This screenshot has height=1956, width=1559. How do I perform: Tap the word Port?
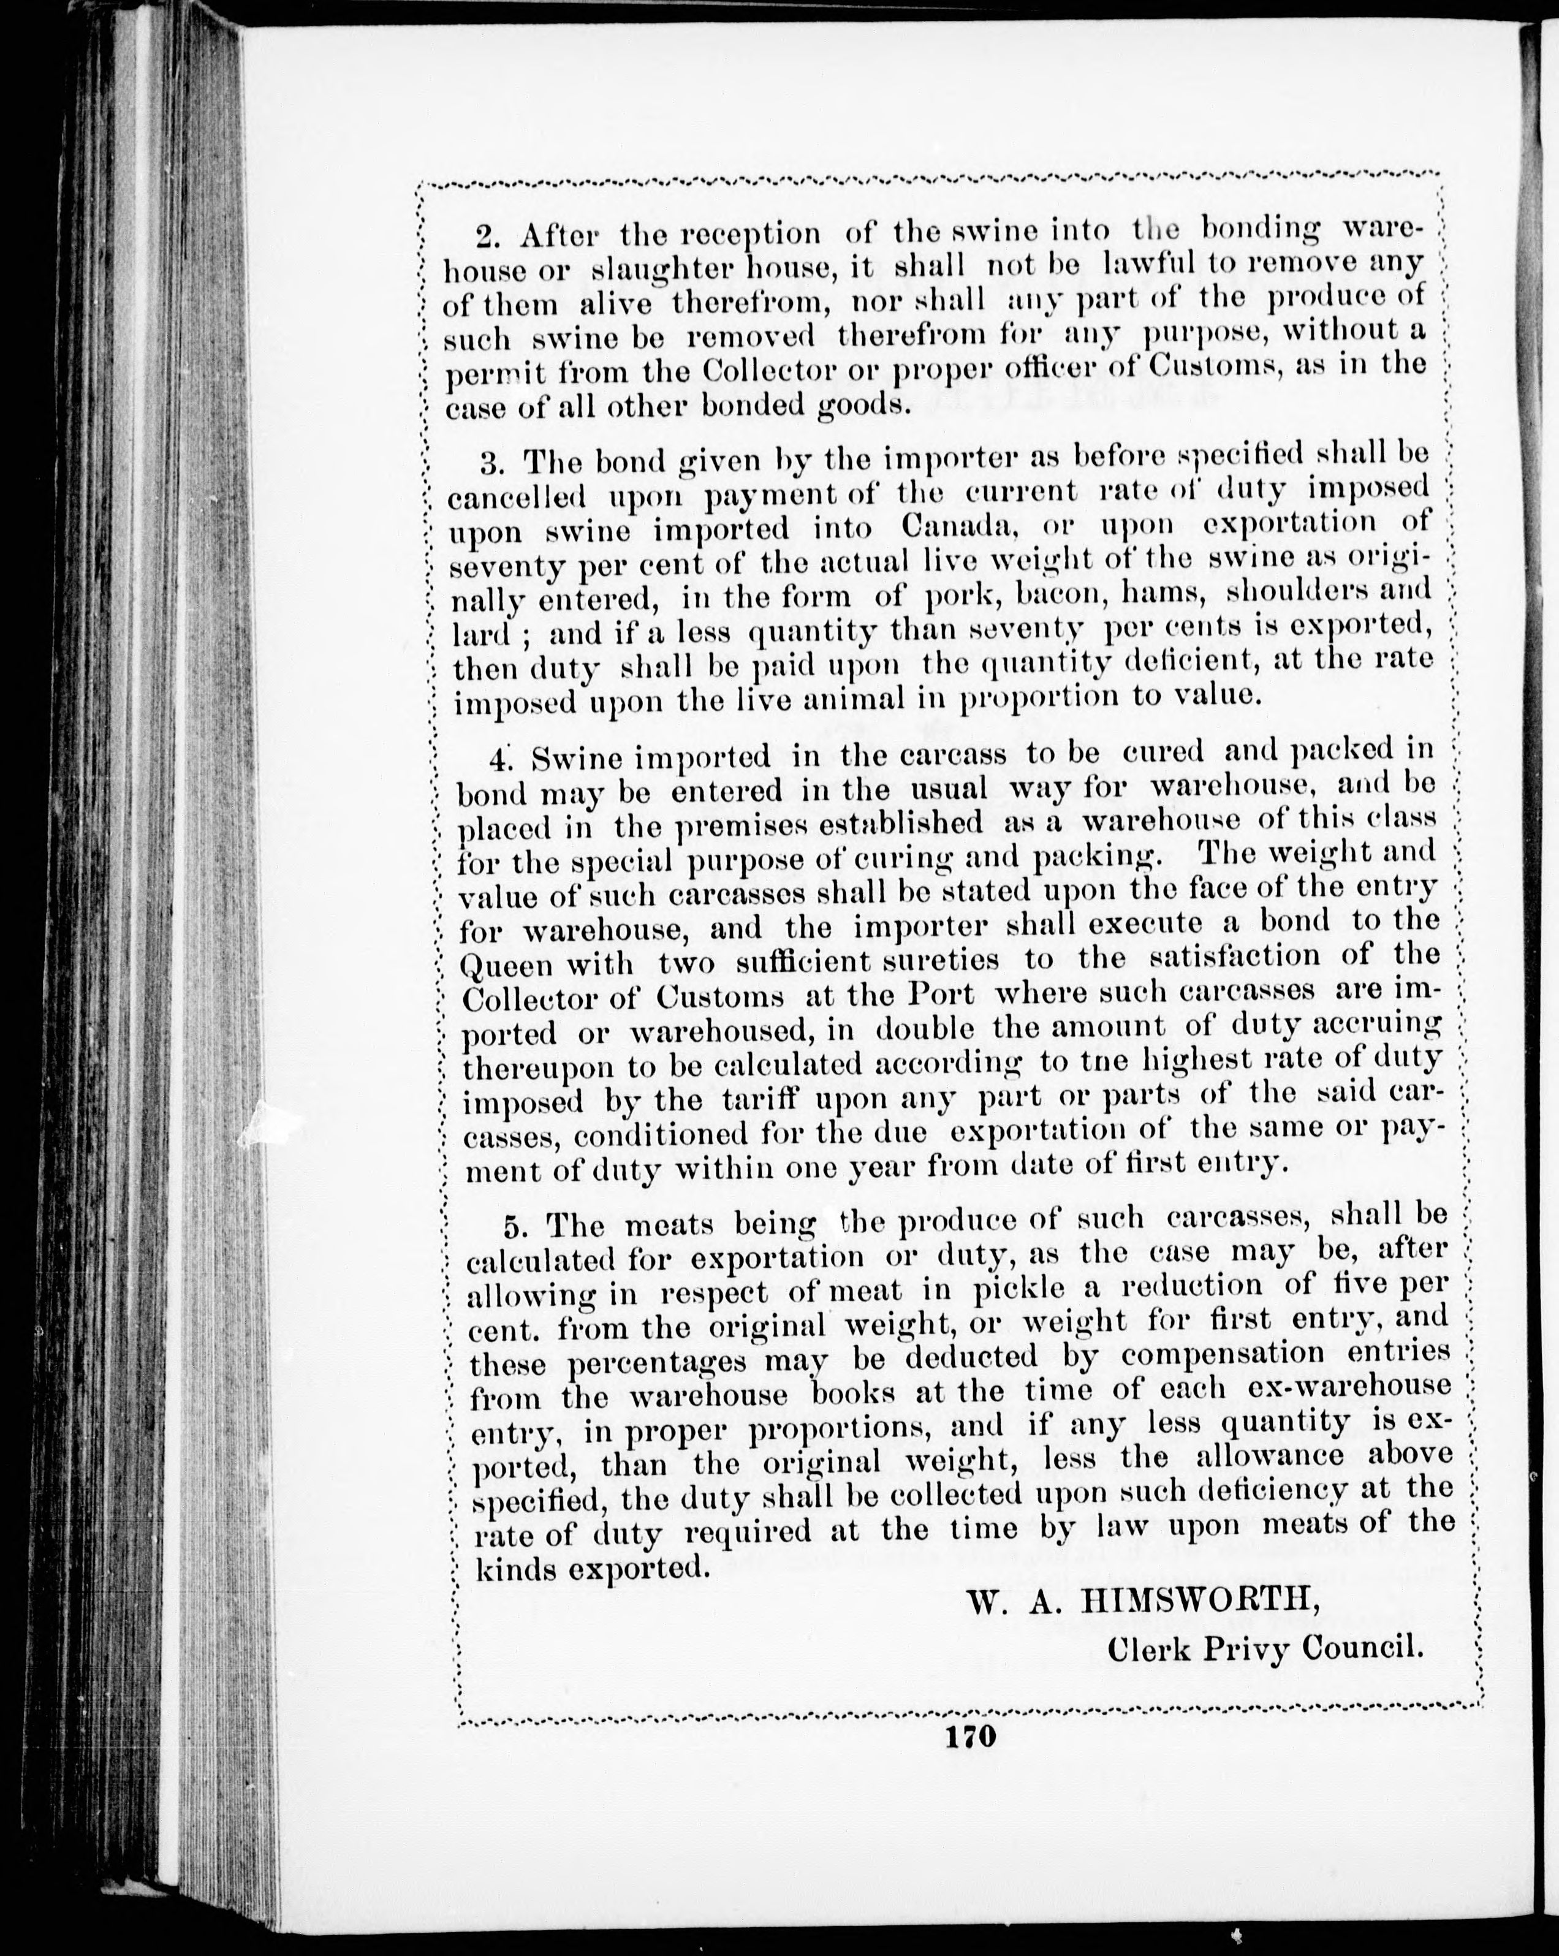pos(941,995)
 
